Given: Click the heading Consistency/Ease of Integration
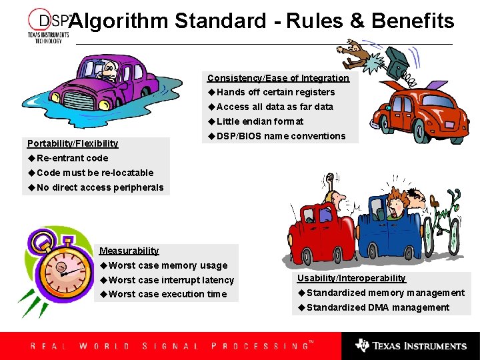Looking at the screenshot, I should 278,78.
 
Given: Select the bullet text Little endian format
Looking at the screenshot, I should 259,121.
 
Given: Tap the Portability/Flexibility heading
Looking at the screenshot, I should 73,143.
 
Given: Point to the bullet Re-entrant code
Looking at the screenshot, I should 72,158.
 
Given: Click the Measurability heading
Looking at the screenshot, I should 129,251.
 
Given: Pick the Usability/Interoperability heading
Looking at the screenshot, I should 351,278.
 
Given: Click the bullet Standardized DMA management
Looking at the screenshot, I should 378,307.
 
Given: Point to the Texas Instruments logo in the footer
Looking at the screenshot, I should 411,346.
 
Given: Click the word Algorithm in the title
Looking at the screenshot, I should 119,21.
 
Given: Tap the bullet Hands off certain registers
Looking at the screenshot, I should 275,92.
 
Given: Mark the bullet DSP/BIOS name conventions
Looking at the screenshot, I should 281,136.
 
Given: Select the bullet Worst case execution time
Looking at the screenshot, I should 167,294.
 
